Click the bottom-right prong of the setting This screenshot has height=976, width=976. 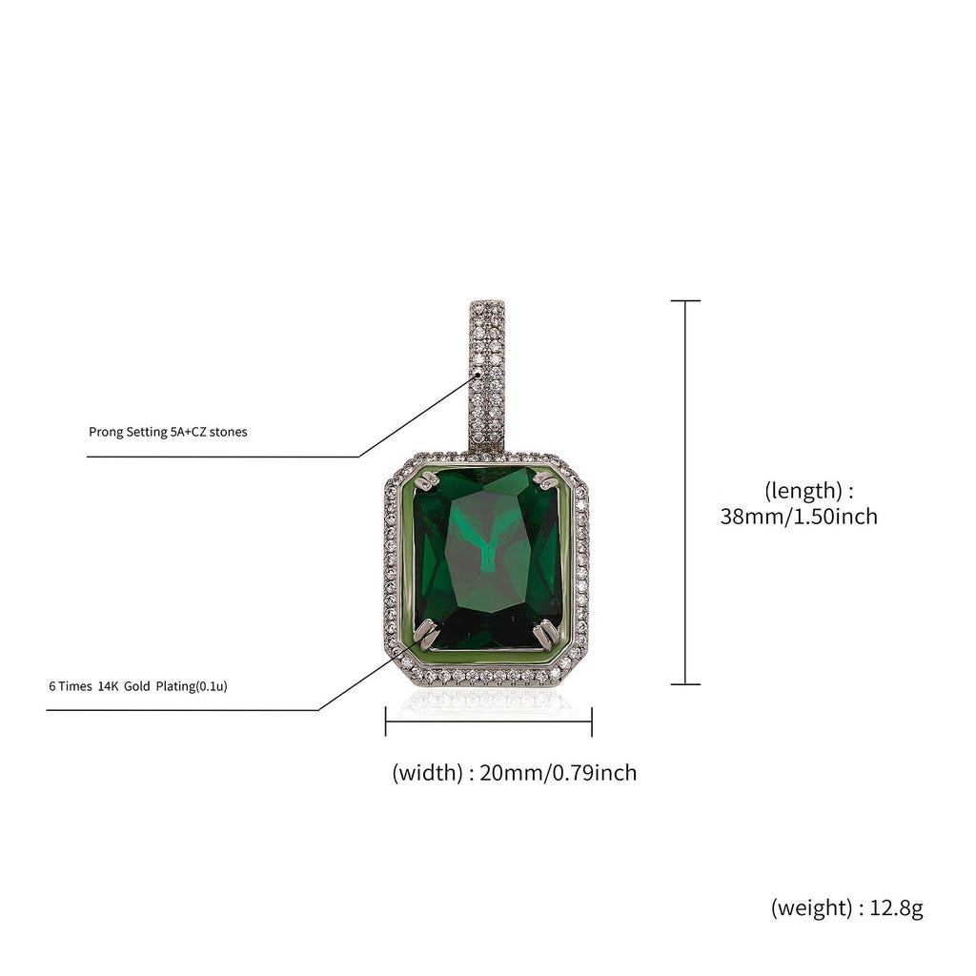click(x=546, y=630)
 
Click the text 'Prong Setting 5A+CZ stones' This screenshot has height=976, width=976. click(x=168, y=432)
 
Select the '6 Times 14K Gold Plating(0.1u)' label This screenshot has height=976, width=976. click(x=137, y=685)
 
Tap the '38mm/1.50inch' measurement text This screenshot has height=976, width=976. click(x=799, y=517)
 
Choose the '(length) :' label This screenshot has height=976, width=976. click(x=808, y=491)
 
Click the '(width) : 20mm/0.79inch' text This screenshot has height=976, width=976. click(x=514, y=772)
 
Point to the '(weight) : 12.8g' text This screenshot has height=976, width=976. click(x=846, y=908)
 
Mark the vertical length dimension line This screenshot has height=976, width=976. click(x=685, y=492)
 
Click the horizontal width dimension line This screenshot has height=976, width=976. click(x=488, y=722)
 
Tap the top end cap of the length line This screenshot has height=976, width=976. click(x=685, y=301)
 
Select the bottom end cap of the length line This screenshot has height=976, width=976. click(x=685, y=684)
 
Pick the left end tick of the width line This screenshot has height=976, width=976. click(x=385, y=722)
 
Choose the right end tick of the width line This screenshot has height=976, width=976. click(x=592, y=722)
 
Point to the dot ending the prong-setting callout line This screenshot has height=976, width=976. click(x=478, y=376)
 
